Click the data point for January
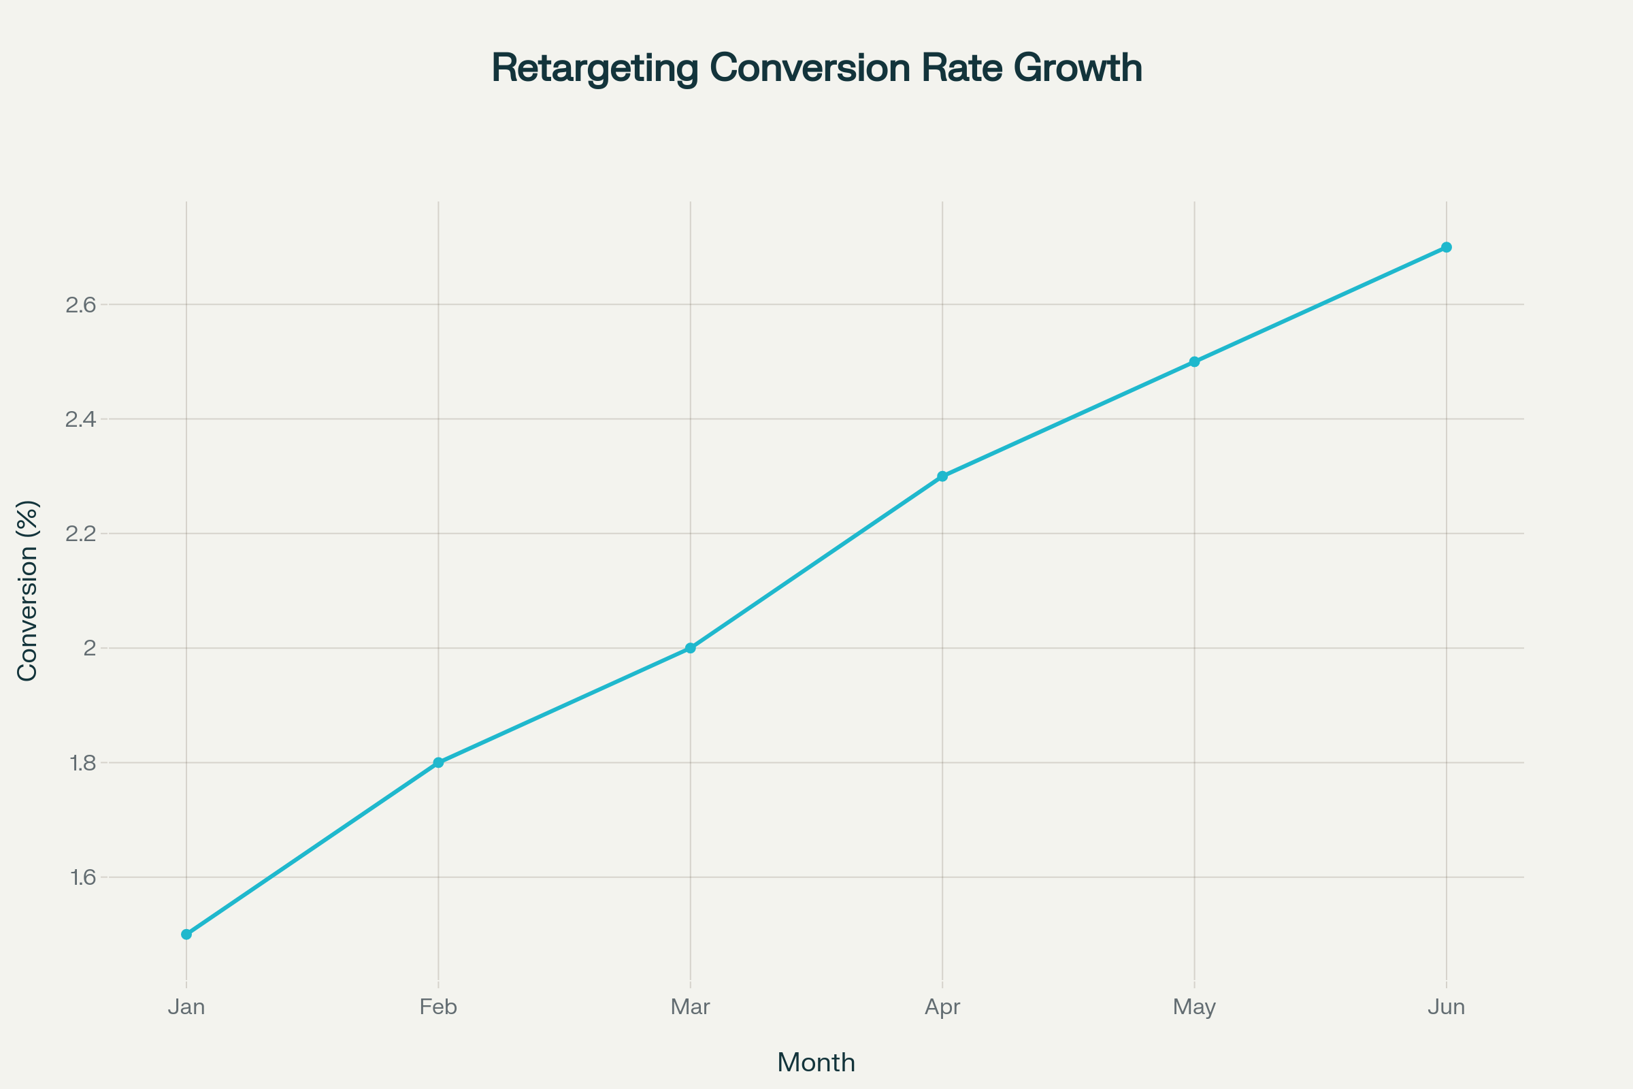[x=186, y=934]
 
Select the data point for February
[x=438, y=762]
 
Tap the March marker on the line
[x=690, y=648]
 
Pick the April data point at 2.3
[x=942, y=476]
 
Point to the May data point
[x=1194, y=362]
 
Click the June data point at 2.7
[x=1447, y=247]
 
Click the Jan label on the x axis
[x=186, y=1007]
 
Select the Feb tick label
[x=438, y=1007]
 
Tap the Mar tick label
[x=690, y=1007]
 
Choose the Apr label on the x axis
[x=942, y=1007]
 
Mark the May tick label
[x=1194, y=1007]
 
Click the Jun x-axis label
[x=1447, y=1007]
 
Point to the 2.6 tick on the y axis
[x=80, y=305]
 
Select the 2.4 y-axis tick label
[x=80, y=419]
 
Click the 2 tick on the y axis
[x=90, y=649]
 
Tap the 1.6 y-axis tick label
[x=82, y=878]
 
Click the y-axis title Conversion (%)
[x=28, y=591]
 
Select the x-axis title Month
[x=816, y=1062]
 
